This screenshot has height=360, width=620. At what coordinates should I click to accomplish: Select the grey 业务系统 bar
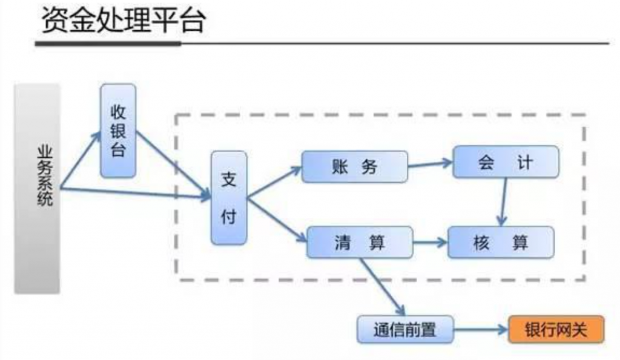click(x=38, y=188)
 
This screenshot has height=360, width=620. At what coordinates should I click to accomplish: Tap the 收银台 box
click(x=118, y=131)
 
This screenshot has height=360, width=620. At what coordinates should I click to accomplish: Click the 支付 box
click(x=229, y=198)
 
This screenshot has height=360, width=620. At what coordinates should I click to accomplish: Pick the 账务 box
click(x=355, y=166)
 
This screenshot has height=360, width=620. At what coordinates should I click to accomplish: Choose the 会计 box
click(x=506, y=162)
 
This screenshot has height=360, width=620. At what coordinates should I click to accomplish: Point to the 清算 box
click(x=360, y=242)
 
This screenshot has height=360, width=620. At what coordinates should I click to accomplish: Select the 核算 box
click(x=501, y=242)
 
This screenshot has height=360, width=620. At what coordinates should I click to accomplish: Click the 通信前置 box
click(x=404, y=330)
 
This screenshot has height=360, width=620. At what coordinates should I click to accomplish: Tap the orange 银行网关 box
click(x=556, y=330)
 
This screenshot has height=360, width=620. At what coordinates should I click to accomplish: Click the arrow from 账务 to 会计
click(x=430, y=163)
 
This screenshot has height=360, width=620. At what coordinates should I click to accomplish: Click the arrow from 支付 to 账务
click(x=274, y=182)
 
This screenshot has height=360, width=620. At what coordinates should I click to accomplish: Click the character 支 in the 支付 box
click(x=229, y=180)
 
